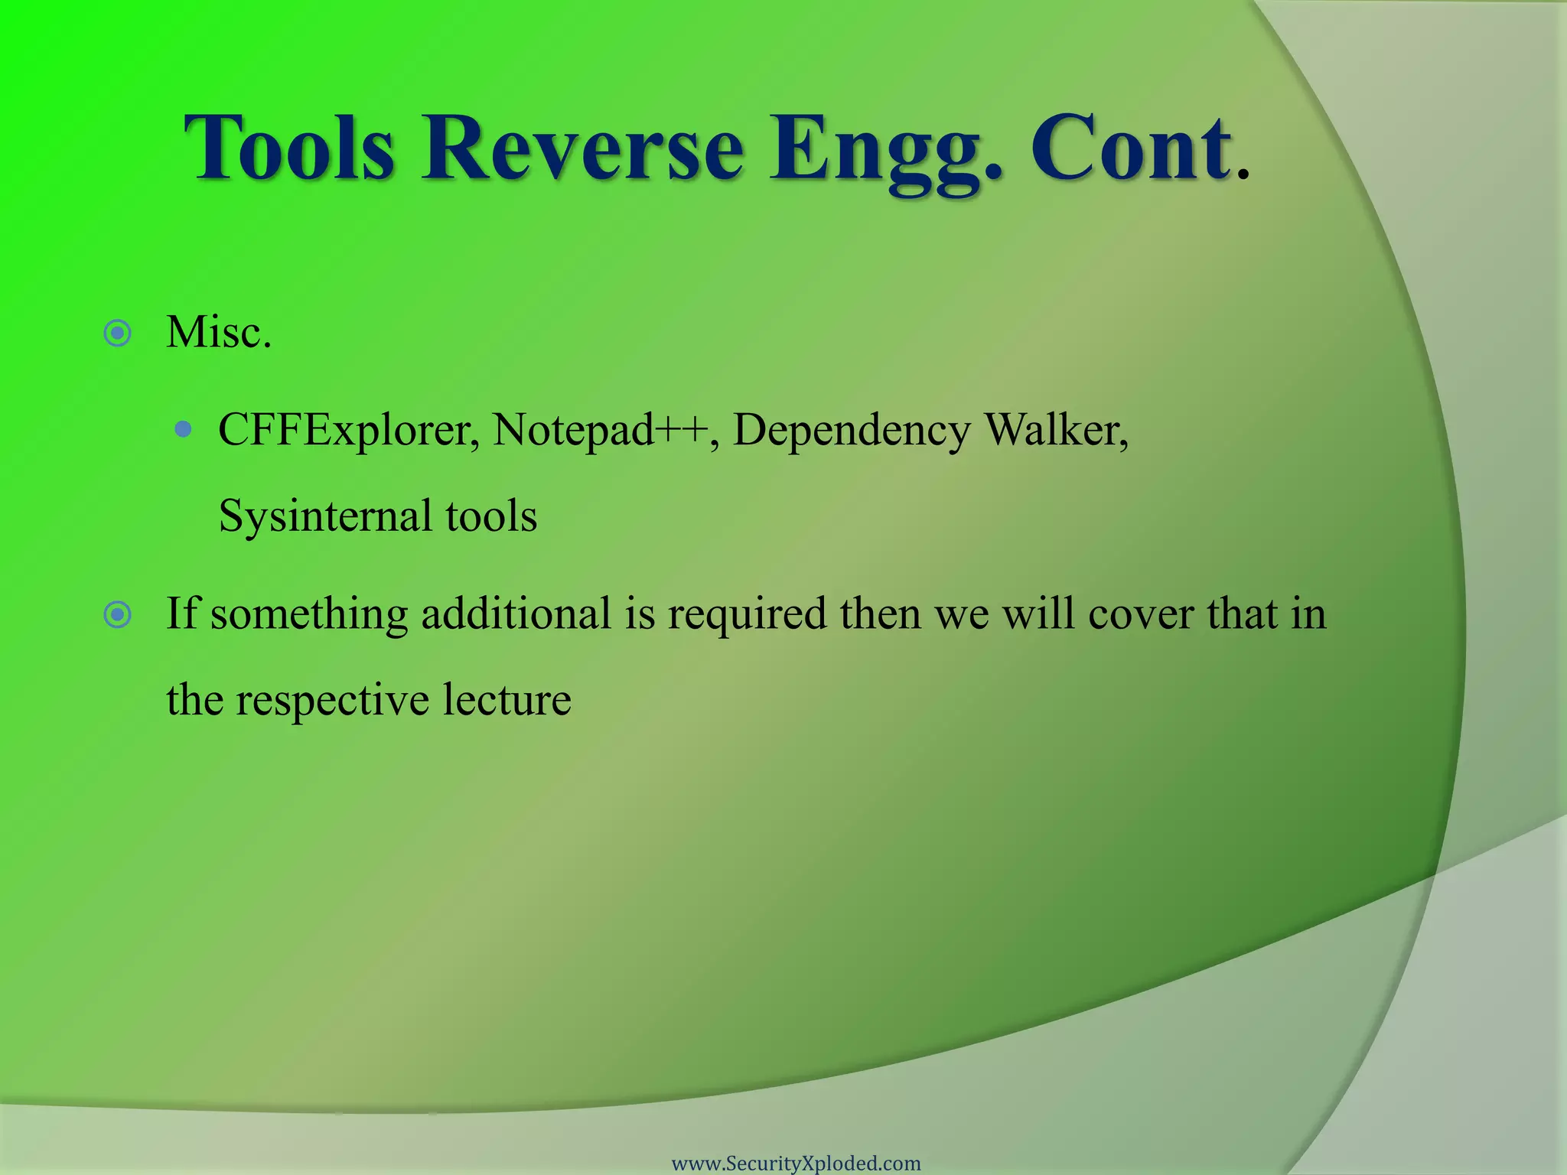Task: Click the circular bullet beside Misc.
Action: pyautogui.click(x=118, y=334)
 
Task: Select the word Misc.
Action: pyautogui.click(x=219, y=334)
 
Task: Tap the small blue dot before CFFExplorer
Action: pyautogui.click(x=183, y=429)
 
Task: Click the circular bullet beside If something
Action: pyautogui.click(x=118, y=614)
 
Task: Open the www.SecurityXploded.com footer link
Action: pyautogui.click(x=796, y=1164)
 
